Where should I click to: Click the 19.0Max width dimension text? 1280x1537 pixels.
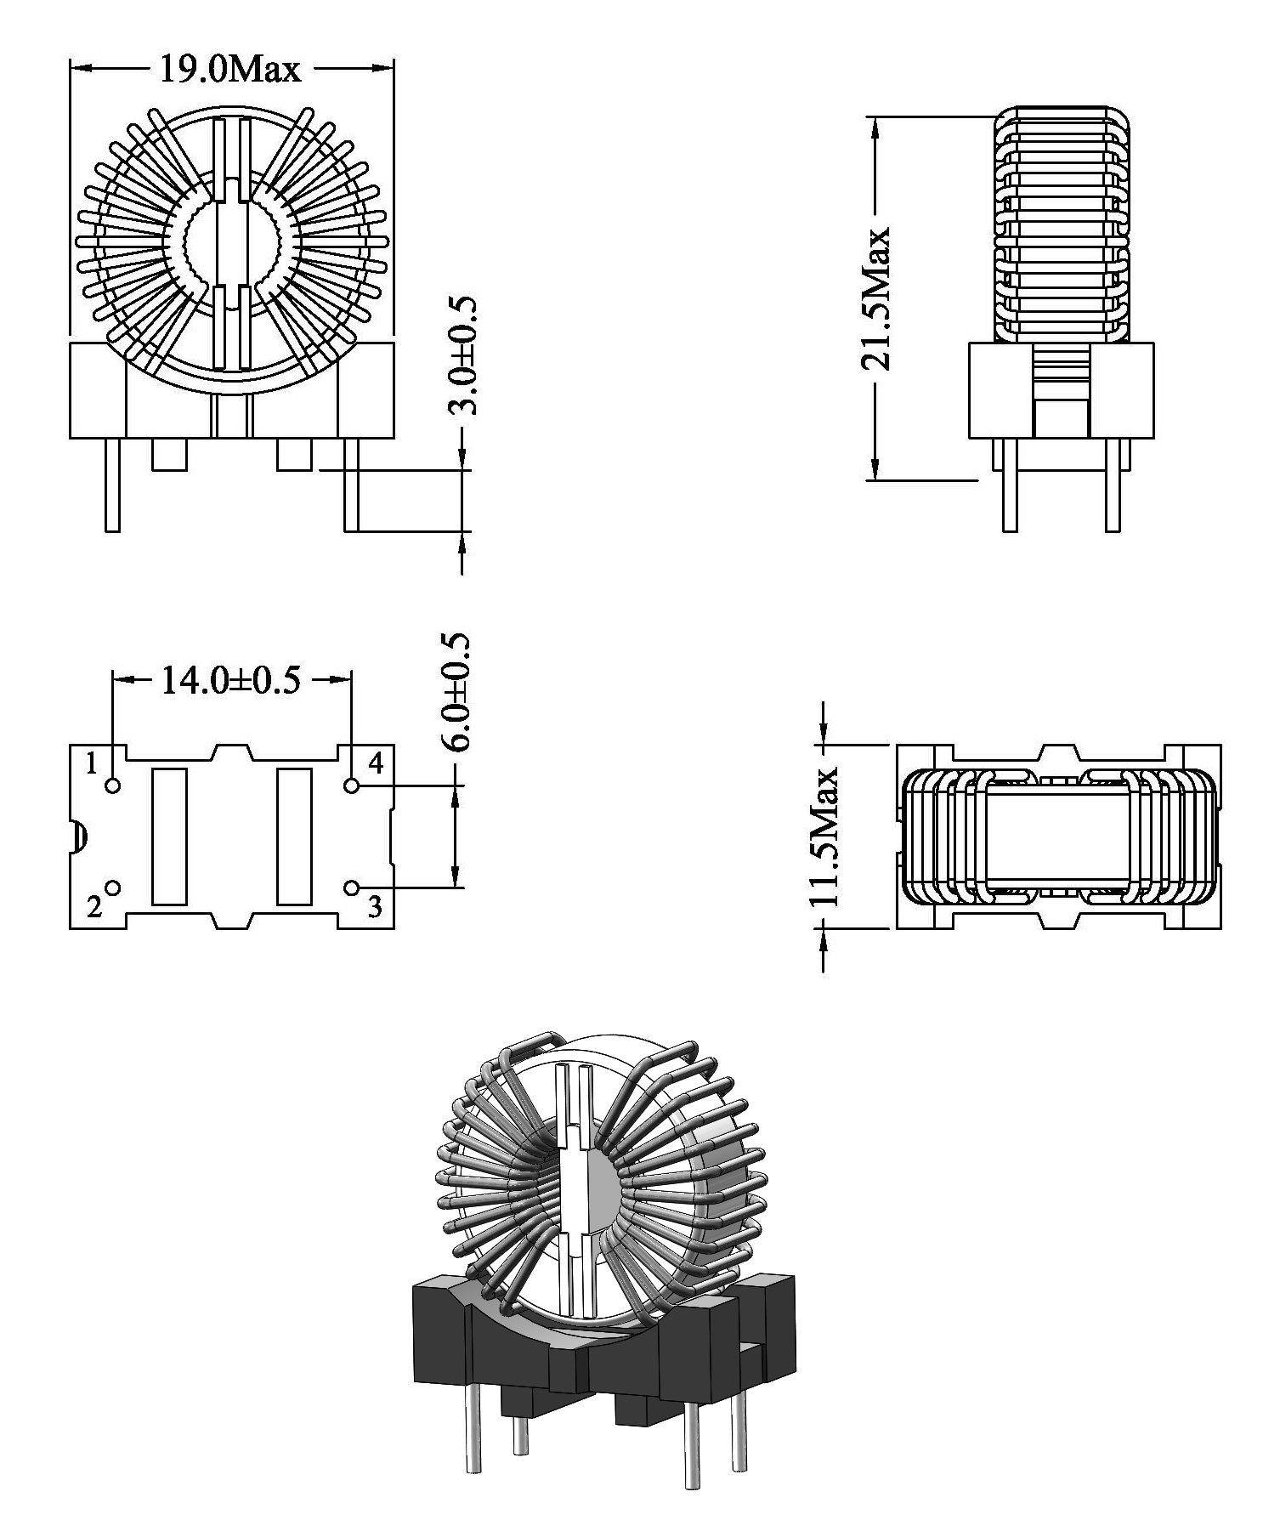[230, 69]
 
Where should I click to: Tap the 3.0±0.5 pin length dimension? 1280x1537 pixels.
[463, 355]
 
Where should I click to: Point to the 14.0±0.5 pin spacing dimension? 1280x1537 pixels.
[230, 680]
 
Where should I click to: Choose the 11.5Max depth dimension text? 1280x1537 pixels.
[824, 837]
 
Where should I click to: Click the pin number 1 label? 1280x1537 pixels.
[92, 763]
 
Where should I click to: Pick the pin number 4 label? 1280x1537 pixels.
[375, 763]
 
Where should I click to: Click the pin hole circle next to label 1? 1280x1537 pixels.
[113, 785]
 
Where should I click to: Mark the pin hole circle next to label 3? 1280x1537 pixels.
[352, 888]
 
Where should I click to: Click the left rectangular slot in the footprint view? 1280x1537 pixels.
[168, 837]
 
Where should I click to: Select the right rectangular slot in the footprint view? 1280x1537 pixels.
[294, 837]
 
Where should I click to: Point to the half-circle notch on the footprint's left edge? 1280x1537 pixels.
[76, 837]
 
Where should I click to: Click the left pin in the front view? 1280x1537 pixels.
[112, 485]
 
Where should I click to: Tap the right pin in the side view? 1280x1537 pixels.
[1113, 485]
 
